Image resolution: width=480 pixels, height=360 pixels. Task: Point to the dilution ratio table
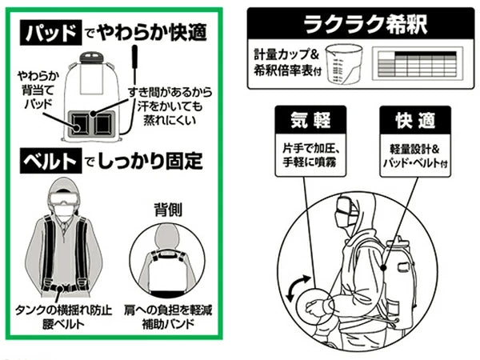pyautogui.click(x=419, y=66)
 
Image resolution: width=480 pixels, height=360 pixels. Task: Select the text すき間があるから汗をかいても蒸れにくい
pyautogui.click(x=170, y=100)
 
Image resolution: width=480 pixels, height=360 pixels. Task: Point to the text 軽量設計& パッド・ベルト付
pyautogui.click(x=416, y=153)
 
